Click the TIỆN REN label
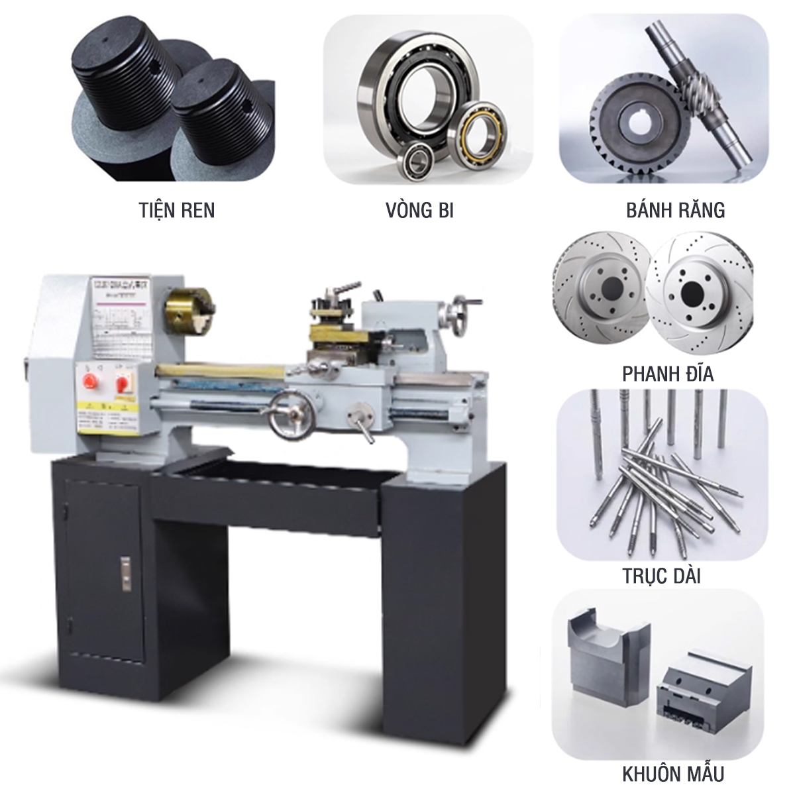click(x=177, y=210)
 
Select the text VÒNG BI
click(x=419, y=210)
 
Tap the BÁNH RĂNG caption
click(x=675, y=210)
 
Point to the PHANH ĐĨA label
click(x=668, y=374)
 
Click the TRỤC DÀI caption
click(x=661, y=576)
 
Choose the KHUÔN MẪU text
click(x=673, y=774)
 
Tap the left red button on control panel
click(x=87, y=379)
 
